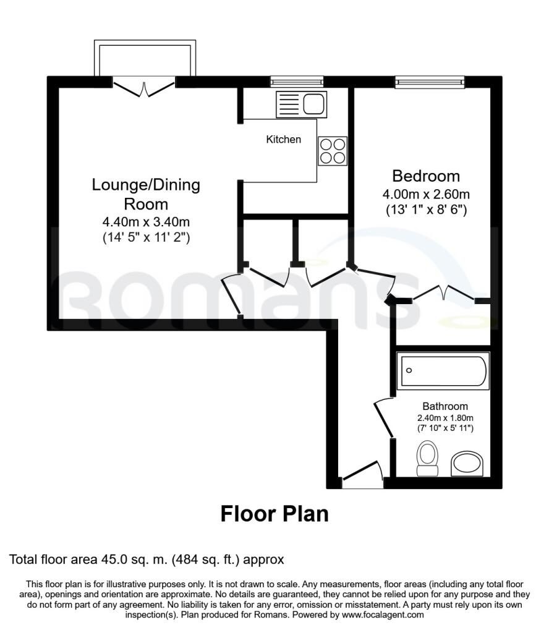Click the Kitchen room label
[x=283, y=139]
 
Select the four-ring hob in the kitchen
[x=332, y=150]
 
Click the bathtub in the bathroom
[x=443, y=372]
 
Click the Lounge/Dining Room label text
[x=146, y=193]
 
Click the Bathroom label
[x=445, y=406]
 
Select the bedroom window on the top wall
[x=429, y=80]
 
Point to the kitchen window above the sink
[x=297, y=80]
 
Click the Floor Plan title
[x=274, y=514]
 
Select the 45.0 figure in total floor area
[x=113, y=560]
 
